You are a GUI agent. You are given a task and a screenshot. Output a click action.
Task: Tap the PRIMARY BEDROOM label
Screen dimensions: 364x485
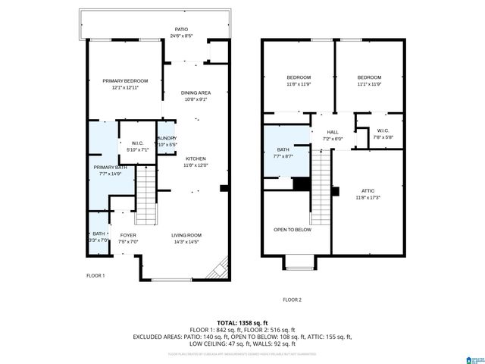coord(125,81)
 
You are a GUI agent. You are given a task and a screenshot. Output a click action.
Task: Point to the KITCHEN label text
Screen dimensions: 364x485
coord(196,158)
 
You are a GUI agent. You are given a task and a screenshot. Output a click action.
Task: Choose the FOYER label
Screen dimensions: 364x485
coord(128,235)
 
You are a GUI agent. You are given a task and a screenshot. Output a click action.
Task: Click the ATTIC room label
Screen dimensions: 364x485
coord(368,191)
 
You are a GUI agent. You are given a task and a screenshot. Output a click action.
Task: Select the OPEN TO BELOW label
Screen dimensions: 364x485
coord(293,230)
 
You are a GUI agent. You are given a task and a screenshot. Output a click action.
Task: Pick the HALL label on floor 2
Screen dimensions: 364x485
coord(333,133)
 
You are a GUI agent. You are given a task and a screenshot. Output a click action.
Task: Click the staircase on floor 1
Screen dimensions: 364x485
coord(145,196)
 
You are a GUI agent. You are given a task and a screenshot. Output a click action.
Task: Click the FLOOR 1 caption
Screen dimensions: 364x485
coord(96,275)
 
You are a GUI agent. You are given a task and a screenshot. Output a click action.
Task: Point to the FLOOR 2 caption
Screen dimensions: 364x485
coord(292,300)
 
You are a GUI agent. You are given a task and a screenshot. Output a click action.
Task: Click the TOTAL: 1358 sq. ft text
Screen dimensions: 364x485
coord(242,323)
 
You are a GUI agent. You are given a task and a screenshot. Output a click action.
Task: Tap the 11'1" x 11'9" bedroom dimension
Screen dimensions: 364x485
coord(369,83)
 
